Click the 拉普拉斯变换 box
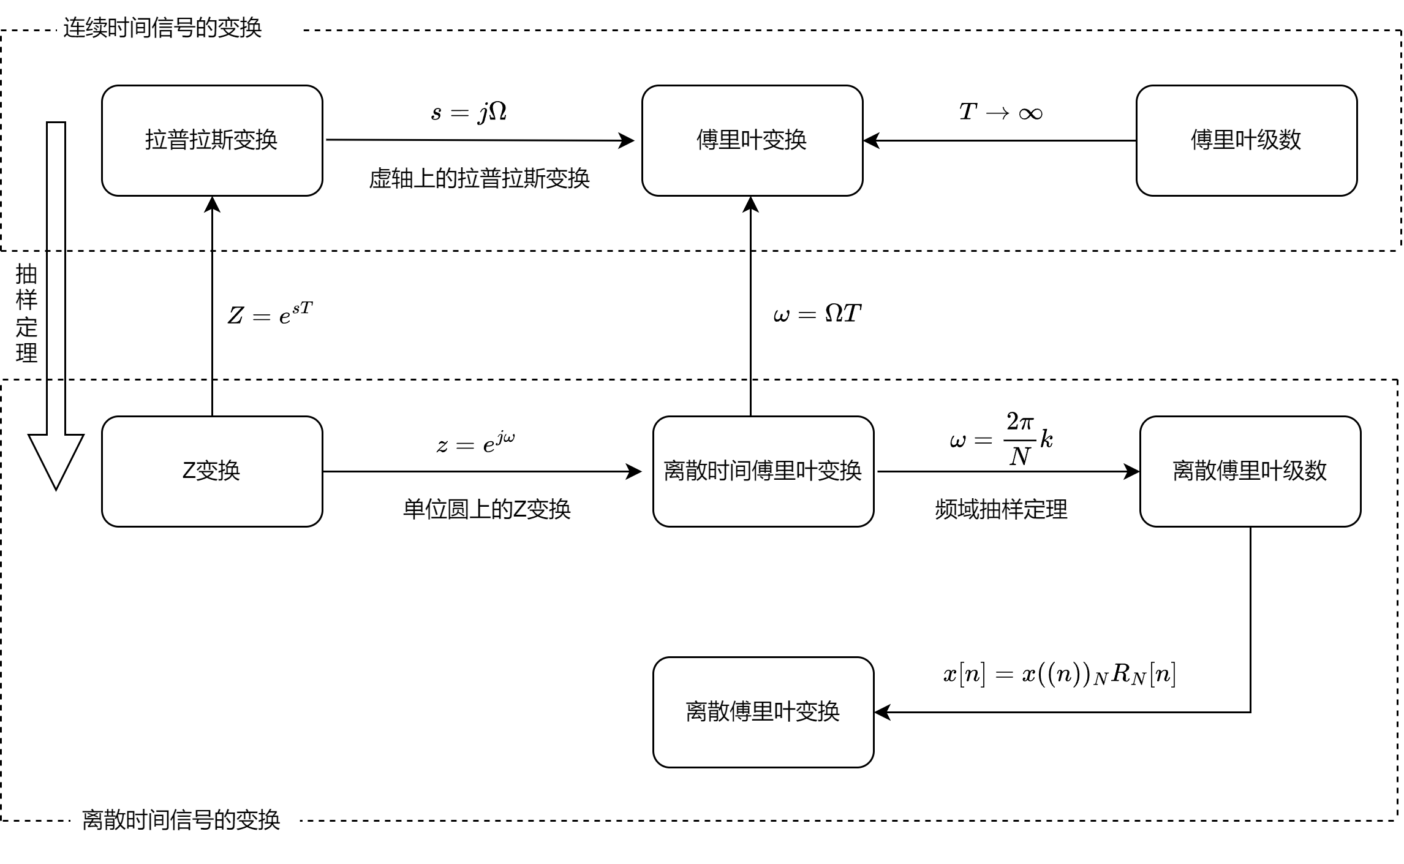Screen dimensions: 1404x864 pyautogui.click(x=212, y=140)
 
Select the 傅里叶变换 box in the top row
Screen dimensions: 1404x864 pyautogui.click(x=752, y=140)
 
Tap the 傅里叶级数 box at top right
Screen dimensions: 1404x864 pyautogui.click(x=1247, y=140)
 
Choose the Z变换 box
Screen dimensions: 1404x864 pyautogui.click(x=212, y=471)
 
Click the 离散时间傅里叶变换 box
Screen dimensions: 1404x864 pyautogui.click(x=763, y=471)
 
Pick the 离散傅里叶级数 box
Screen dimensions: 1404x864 pyautogui.click(x=1250, y=471)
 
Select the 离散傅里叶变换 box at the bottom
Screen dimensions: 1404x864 pyautogui.click(x=763, y=712)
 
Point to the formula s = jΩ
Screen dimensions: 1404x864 pyautogui.click(x=469, y=112)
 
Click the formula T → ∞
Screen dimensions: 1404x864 pyautogui.click(x=1001, y=112)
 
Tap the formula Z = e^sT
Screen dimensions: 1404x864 pyautogui.click(x=270, y=314)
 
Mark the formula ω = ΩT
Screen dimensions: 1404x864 pyautogui.click(x=817, y=314)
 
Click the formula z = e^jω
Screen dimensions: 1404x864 pyautogui.click(x=476, y=442)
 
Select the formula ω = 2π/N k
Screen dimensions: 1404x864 pyautogui.click(x=1001, y=439)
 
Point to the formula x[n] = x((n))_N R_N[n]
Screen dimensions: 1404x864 pyautogui.click(x=1059, y=674)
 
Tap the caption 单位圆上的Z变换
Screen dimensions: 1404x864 pyautogui.click(x=486, y=509)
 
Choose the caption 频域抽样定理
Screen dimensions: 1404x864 pyautogui.click(x=1001, y=509)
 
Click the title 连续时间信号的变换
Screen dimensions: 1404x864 pyautogui.click(x=162, y=28)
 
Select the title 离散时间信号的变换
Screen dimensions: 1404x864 pyautogui.click(x=181, y=820)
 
